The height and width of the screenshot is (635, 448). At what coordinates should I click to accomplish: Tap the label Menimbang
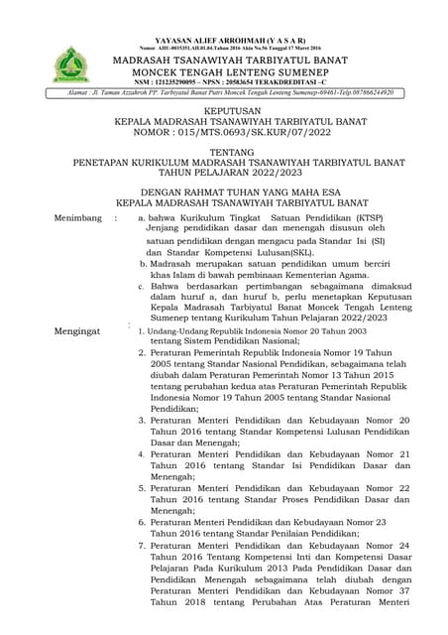79,214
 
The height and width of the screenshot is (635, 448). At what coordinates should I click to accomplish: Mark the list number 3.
142,420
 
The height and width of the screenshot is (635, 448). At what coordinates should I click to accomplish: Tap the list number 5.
142,489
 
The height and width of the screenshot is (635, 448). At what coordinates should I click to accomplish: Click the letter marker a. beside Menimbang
142,214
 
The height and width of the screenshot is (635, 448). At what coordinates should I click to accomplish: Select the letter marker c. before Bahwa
142,284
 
